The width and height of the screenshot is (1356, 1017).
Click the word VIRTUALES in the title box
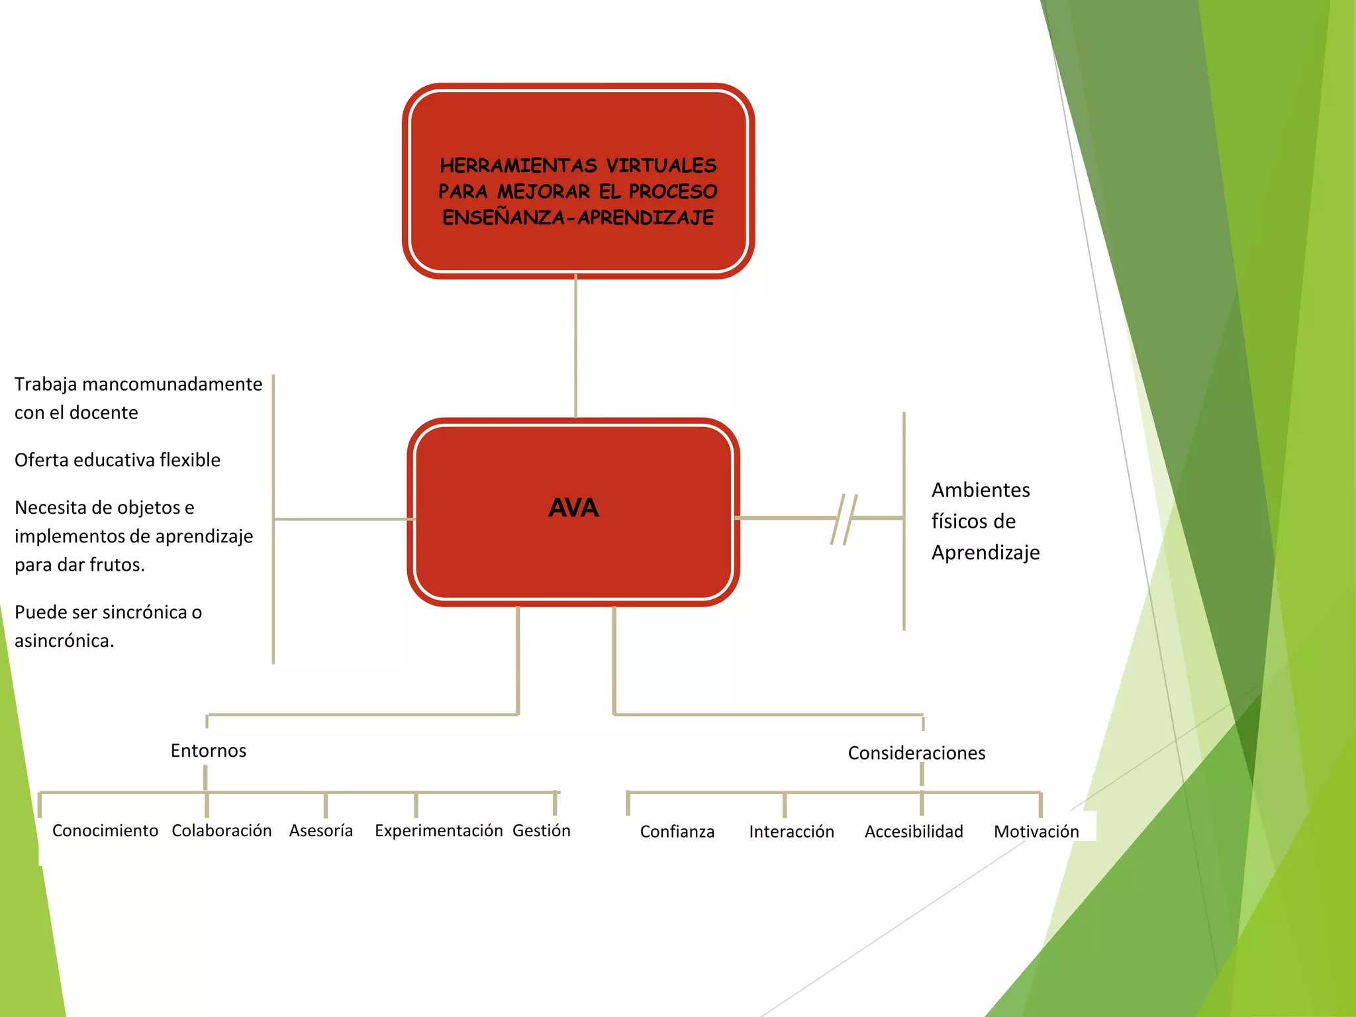point(661,165)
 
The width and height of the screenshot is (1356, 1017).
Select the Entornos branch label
point(208,751)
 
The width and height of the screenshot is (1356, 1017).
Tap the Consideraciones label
point(916,753)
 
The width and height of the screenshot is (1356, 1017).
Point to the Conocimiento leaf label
point(105,831)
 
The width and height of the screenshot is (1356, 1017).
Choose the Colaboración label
point(222,831)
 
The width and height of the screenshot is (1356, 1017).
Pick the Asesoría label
point(321,831)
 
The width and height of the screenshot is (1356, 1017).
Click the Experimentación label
point(438,831)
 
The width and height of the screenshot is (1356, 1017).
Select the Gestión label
point(542,831)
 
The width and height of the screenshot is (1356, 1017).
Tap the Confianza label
point(677,832)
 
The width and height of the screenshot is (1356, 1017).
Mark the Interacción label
point(791,832)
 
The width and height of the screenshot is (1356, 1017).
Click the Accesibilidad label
point(914,832)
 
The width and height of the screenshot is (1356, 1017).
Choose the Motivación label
point(1036,832)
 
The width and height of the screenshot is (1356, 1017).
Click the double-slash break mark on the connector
point(844,518)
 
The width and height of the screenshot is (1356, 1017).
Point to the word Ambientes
point(981,490)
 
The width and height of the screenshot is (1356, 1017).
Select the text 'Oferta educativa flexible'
point(117,460)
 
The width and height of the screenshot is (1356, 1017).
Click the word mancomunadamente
point(172,384)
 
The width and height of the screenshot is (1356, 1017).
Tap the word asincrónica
point(64,641)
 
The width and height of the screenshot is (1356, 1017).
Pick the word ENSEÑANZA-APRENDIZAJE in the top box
point(578,217)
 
